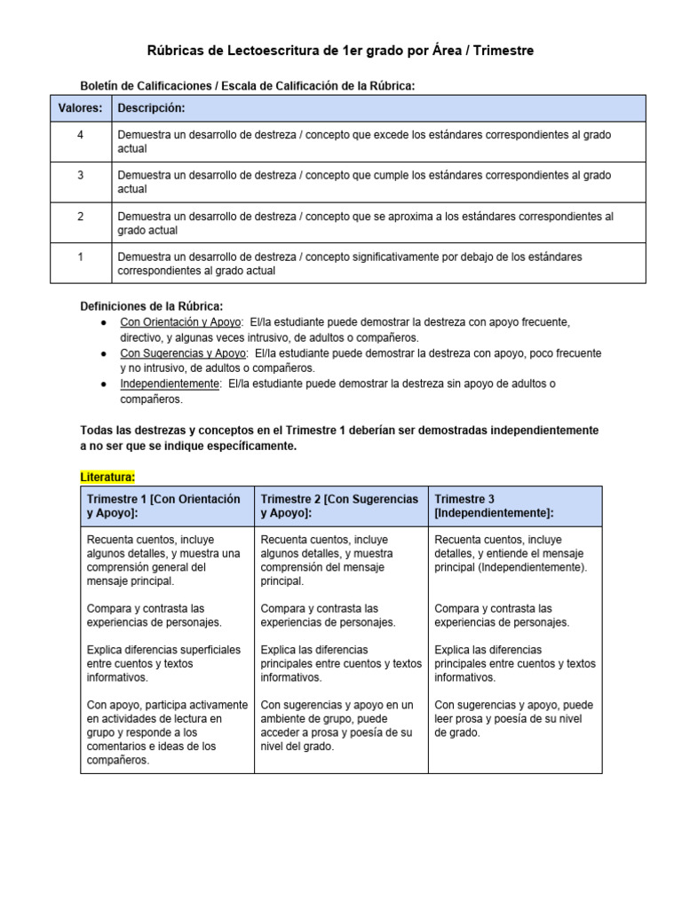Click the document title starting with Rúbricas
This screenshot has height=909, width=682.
pyautogui.click(x=340, y=51)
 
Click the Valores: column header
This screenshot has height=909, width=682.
pyautogui.click(x=80, y=108)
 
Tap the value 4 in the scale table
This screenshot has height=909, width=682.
pyautogui.click(x=80, y=134)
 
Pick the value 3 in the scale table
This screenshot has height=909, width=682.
pyautogui.click(x=80, y=175)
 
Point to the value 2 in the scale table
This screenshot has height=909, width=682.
pyautogui.click(x=80, y=216)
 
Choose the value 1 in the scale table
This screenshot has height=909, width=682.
pyautogui.click(x=80, y=257)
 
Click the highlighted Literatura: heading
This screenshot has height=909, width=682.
pyautogui.click(x=107, y=477)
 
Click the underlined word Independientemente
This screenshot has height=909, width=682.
pyautogui.click(x=170, y=384)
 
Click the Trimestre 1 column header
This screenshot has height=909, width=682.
pyautogui.click(x=163, y=506)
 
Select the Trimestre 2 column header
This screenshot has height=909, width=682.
pyautogui.click(x=339, y=506)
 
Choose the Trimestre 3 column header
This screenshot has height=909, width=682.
pyautogui.click(x=494, y=506)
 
